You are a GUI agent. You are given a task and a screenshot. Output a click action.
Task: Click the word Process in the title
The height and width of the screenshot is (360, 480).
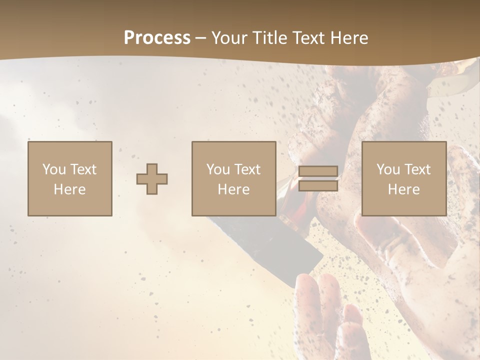click(157, 38)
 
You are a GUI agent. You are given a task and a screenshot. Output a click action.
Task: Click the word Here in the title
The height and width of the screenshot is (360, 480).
click(350, 38)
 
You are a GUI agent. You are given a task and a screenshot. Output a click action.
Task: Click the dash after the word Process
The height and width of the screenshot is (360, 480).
click(201, 38)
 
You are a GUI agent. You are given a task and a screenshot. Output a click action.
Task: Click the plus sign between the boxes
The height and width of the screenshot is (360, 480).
click(152, 179)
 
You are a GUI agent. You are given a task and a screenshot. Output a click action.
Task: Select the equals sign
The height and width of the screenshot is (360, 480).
click(318, 178)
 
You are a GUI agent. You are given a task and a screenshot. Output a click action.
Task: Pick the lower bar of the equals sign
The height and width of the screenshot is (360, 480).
click(318, 185)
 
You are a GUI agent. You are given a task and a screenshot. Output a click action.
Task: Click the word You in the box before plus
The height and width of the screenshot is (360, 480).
click(53, 169)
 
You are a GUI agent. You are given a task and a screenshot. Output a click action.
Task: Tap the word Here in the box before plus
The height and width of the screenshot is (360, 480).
click(70, 189)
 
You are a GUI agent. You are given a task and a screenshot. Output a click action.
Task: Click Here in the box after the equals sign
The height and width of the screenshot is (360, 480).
click(404, 189)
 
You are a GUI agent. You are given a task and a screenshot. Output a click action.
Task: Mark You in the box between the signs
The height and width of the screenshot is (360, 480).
click(218, 169)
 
